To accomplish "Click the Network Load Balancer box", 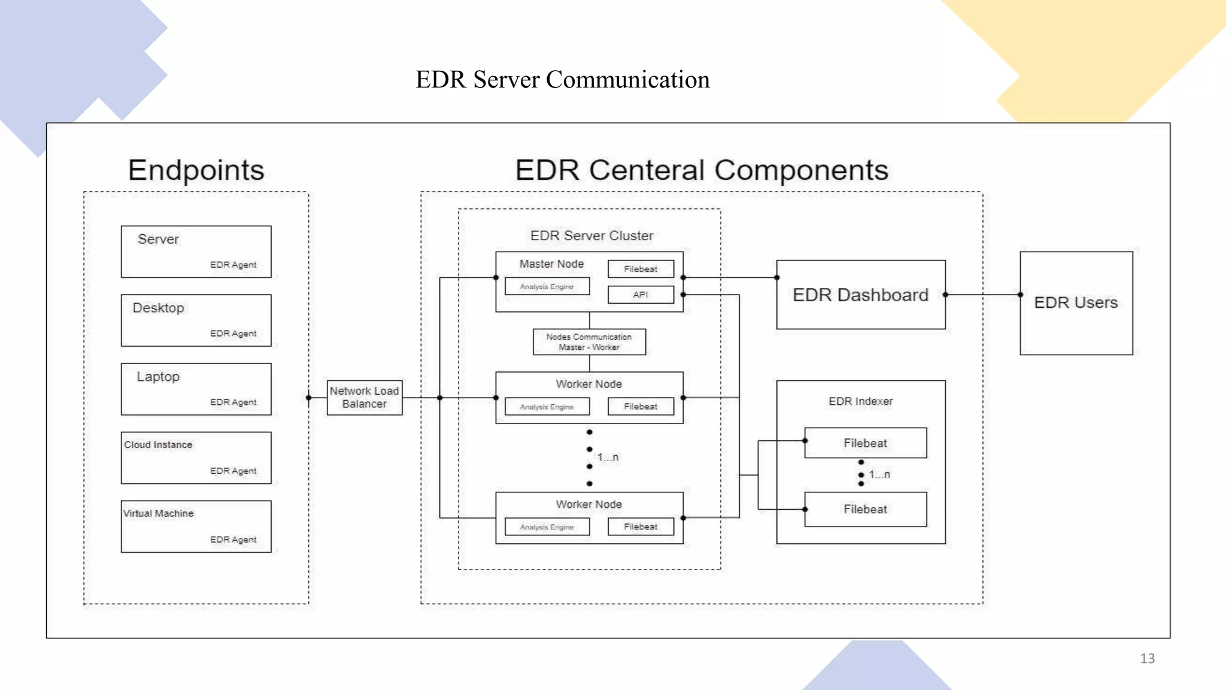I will (364, 398).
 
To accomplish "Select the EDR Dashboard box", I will (860, 295).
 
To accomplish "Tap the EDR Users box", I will (1076, 302).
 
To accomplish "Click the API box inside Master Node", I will (641, 295).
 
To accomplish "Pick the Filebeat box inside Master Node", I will (641, 269).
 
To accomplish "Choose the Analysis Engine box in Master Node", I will (547, 287).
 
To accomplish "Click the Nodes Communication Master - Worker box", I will (589, 342).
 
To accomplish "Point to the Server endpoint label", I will (158, 239).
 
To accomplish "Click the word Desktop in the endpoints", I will (158, 308).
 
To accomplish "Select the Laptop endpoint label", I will (158, 377).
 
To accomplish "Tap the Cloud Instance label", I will (158, 444).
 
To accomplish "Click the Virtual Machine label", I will (159, 513).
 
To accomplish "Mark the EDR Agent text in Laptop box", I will (233, 402).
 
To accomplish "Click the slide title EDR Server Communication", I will (562, 80).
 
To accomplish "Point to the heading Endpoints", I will (196, 170).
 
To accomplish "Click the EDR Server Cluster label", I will (591, 235).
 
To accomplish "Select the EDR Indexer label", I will (860, 401).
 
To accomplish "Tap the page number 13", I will (1147, 658).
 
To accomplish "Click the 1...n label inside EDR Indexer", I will (879, 474).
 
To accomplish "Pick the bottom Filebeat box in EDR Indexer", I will (865, 509).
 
